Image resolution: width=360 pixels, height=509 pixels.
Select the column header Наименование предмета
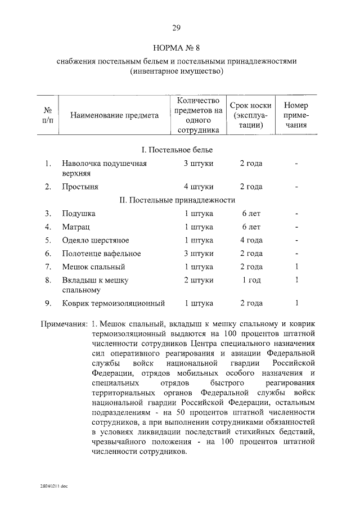tap(114, 115)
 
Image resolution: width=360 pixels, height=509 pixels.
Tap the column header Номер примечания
tap(296, 115)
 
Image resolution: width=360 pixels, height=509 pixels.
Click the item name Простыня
tap(80, 186)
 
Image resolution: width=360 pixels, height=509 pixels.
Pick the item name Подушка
tap(79, 214)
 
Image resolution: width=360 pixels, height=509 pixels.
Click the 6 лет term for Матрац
tap(251, 227)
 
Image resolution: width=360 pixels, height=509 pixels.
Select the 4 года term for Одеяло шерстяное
tap(251, 240)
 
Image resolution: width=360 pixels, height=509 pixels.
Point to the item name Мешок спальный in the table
tap(93, 267)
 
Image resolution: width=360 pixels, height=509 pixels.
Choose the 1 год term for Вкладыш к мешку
tap(251, 280)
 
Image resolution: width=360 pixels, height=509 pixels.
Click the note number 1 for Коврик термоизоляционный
tap(296, 304)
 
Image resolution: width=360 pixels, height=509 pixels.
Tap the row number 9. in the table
tap(48, 304)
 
